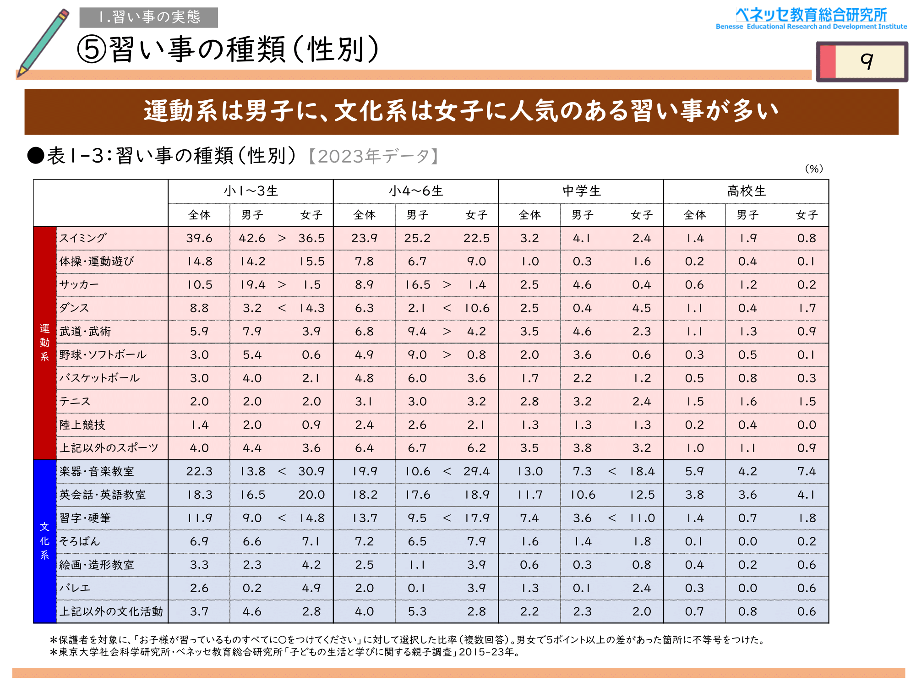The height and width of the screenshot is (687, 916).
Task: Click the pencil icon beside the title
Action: [x=44, y=42]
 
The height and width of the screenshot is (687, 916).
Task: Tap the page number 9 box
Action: [x=862, y=61]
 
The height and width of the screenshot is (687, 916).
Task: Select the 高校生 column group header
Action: [x=746, y=191]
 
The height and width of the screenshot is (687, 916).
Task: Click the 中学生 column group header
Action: [x=581, y=191]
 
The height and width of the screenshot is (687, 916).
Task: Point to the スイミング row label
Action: [x=83, y=238]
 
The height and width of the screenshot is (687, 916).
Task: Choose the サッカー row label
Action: [x=79, y=285]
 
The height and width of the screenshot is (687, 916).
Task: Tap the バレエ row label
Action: [x=75, y=588]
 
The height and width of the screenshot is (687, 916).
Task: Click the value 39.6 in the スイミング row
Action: [x=199, y=238]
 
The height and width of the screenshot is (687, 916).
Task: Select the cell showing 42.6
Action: [x=252, y=238]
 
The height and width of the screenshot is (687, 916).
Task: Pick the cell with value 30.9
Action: [x=311, y=471]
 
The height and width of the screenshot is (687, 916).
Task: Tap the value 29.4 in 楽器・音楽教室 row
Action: [x=476, y=471]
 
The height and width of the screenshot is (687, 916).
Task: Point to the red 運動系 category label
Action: [x=45, y=343]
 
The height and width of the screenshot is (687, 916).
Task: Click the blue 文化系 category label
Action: [x=45, y=541]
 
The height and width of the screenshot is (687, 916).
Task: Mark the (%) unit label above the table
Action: [x=814, y=169]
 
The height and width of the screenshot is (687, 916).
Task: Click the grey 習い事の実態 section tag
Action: [x=149, y=17]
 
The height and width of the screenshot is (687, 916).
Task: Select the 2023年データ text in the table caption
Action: [x=373, y=156]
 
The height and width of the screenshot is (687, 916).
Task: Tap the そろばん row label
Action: [x=80, y=541]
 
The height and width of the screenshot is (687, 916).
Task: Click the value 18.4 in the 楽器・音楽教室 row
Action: [x=642, y=471]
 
